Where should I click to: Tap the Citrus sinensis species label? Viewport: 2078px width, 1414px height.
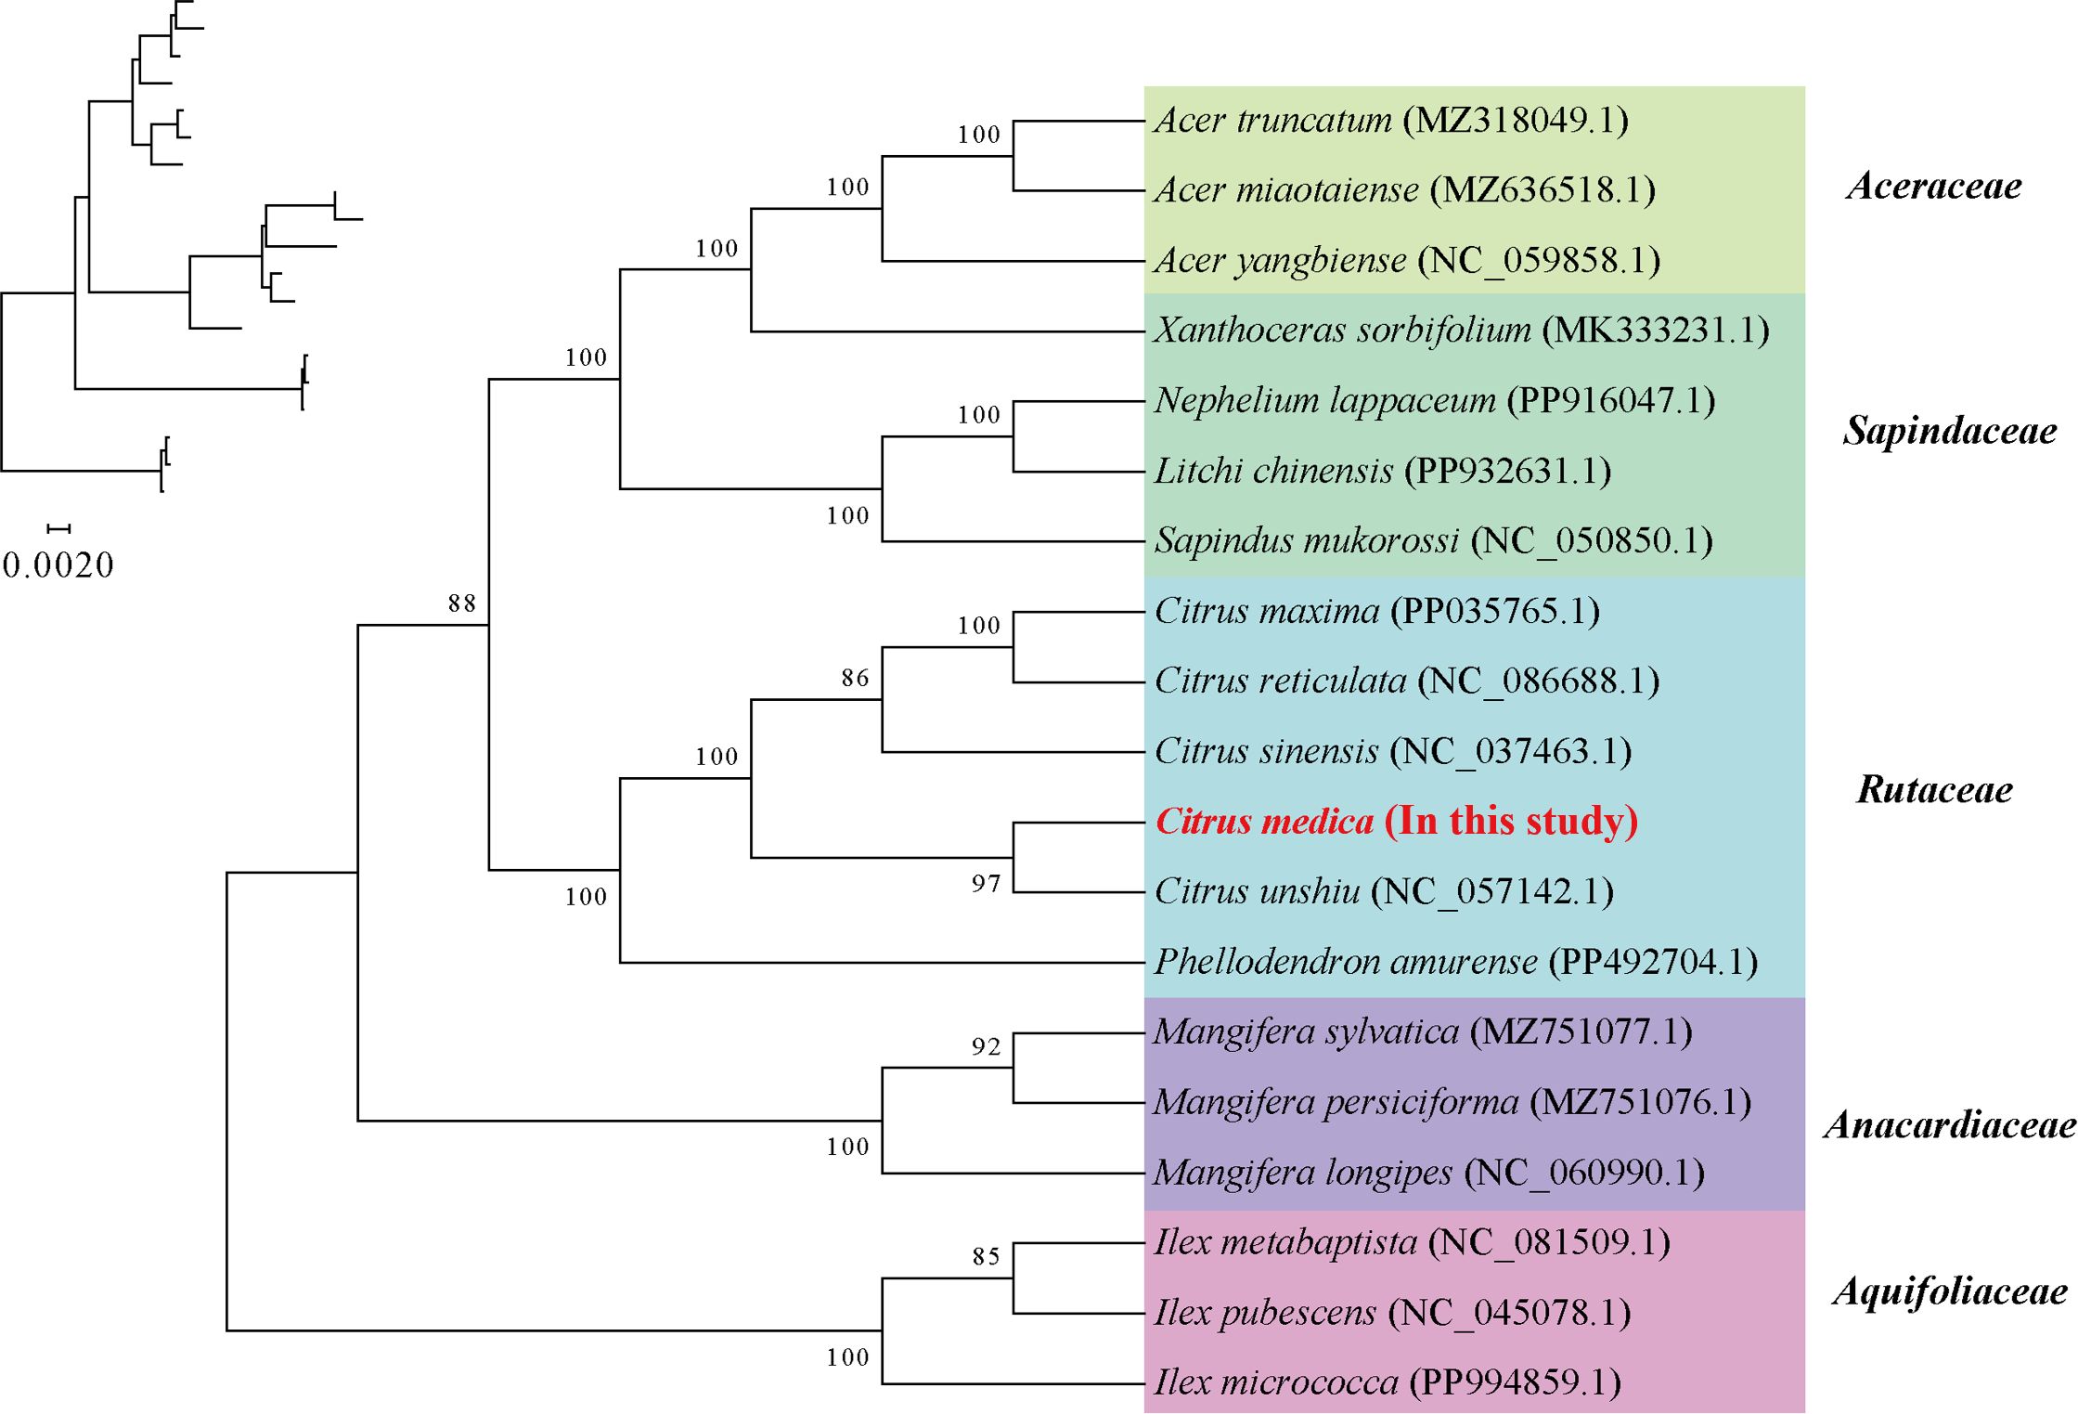(x=1267, y=751)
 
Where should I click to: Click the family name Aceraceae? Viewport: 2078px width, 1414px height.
(x=1934, y=186)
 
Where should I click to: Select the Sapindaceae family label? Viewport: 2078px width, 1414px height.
(x=1949, y=431)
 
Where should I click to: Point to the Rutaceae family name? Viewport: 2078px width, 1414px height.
(x=1934, y=790)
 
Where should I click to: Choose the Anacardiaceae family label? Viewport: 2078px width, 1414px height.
(x=1949, y=1125)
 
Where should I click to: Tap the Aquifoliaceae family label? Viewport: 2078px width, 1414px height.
(x=1949, y=1291)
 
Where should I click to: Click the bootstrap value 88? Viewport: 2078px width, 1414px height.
(x=462, y=603)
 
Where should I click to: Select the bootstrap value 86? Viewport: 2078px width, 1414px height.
(x=856, y=679)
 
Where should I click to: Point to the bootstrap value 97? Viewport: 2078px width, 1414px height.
(x=987, y=884)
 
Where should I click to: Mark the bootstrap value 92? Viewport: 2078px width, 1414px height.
(x=987, y=1047)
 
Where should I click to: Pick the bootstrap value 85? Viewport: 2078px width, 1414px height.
(x=987, y=1257)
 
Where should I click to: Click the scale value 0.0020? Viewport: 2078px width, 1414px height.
(x=58, y=565)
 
